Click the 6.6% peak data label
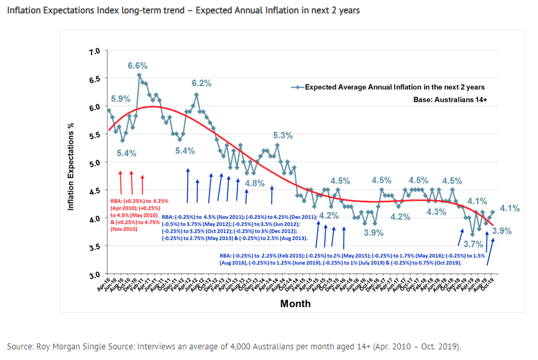click(x=137, y=66)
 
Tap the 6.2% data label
click(x=202, y=83)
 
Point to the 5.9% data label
click(x=120, y=99)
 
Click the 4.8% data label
click(x=255, y=183)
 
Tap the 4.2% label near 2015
click(x=330, y=215)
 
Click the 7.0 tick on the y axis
click(x=94, y=51)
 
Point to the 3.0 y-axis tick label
click(x=94, y=274)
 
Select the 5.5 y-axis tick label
click(x=94, y=135)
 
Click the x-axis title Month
click(x=295, y=303)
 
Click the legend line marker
click(x=297, y=87)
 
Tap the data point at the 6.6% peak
click(x=139, y=75)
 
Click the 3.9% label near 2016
click(x=373, y=233)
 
